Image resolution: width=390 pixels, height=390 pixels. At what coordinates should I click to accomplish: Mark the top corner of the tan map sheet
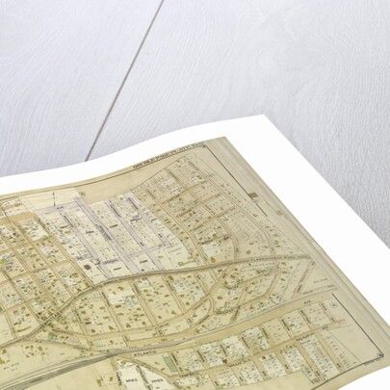pyautogui.click(x=235, y=139)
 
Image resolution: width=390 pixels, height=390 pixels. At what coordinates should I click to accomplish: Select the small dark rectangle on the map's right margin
pyautogui.click(x=252, y=195)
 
